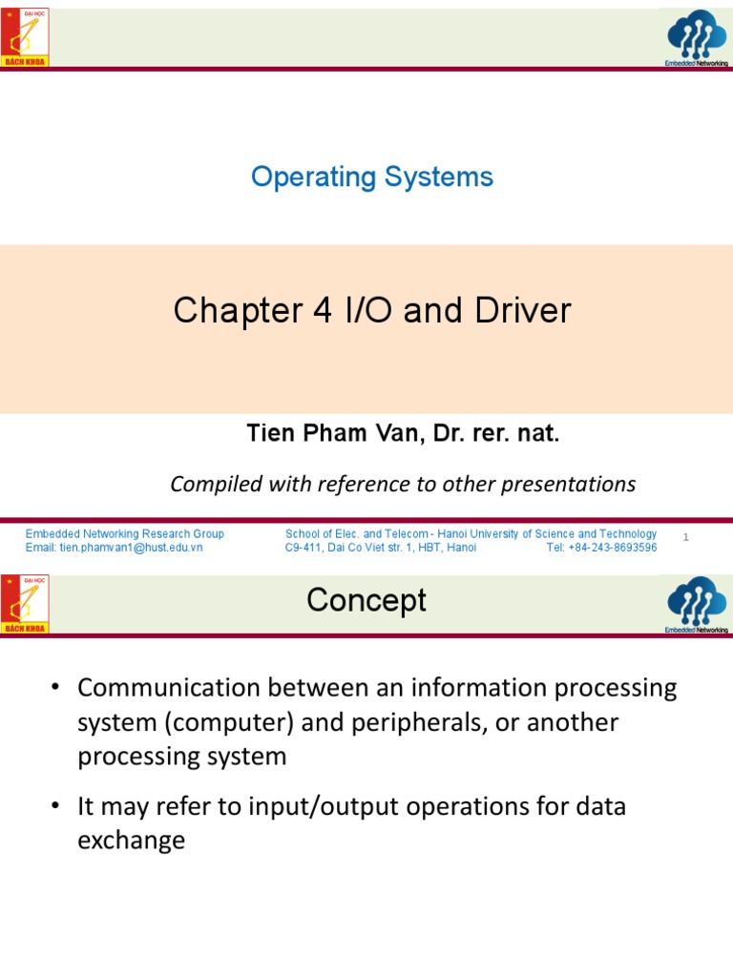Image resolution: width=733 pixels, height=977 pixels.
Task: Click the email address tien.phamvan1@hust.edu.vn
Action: pyautogui.click(x=114, y=548)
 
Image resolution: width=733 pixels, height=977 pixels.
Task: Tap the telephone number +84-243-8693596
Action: pyautogui.click(x=601, y=548)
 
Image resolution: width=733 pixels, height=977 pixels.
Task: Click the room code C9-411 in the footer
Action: pyautogui.click(x=306, y=548)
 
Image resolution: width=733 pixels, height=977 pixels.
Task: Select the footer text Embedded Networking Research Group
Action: pyautogui.click(x=125, y=534)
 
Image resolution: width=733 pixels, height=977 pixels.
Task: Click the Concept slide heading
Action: pyautogui.click(x=366, y=601)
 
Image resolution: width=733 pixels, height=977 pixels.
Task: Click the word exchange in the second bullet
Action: pyautogui.click(x=131, y=841)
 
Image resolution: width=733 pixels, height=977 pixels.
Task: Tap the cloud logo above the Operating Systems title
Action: pyautogui.click(x=697, y=36)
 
